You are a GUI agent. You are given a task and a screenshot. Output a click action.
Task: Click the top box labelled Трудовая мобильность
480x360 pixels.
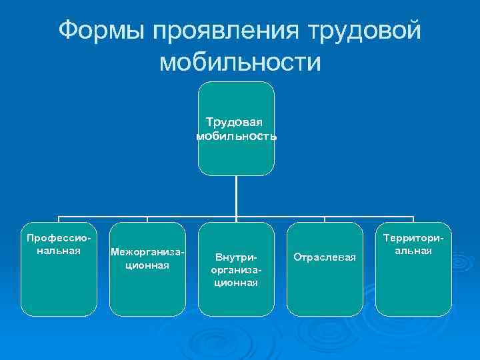point(237,157)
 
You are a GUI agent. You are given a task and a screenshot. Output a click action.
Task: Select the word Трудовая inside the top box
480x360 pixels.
point(234,123)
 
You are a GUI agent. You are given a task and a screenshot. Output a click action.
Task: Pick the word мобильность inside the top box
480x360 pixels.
point(237,136)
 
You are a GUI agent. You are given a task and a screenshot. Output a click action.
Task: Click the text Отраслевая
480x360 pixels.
point(325,257)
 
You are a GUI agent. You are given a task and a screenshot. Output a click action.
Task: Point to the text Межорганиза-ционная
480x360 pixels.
point(147,259)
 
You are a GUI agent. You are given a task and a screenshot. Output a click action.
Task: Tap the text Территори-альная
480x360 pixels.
point(413,244)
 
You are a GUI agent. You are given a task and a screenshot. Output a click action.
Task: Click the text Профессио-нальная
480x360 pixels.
point(58,244)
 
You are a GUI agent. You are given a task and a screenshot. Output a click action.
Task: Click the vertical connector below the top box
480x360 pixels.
point(237,197)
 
